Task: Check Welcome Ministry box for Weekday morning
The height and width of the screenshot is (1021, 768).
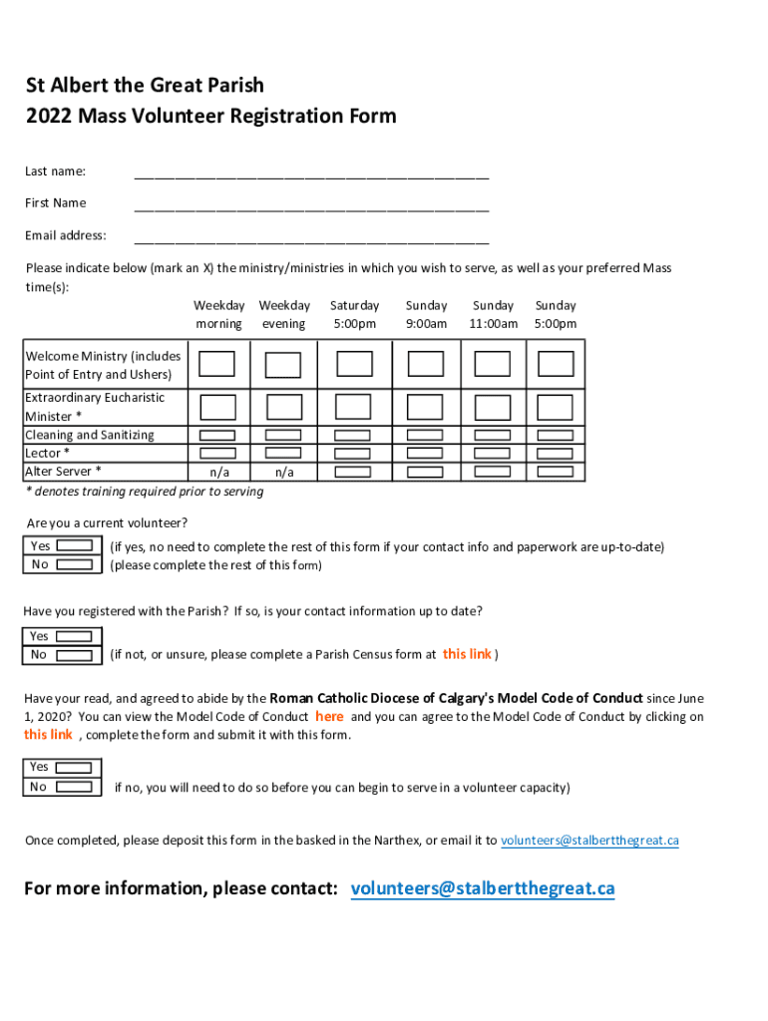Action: [x=217, y=364]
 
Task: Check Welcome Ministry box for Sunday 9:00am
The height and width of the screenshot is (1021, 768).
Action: [x=425, y=364]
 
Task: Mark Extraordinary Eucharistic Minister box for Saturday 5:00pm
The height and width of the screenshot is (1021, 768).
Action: [x=353, y=407]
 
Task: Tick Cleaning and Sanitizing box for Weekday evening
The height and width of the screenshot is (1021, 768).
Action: [x=284, y=436]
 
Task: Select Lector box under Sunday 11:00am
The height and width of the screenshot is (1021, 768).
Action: [x=493, y=454]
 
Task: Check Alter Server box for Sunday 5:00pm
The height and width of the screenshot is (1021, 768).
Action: [x=556, y=472]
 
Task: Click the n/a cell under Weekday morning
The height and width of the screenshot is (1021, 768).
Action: [x=218, y=472]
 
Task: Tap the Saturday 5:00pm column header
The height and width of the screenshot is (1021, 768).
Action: [x=354, y=314]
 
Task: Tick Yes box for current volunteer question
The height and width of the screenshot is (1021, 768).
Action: [x=75, y=546]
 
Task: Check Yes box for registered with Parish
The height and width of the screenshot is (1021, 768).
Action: [x=75, y=637]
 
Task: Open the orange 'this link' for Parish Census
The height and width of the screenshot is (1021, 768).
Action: [x=467, y=654]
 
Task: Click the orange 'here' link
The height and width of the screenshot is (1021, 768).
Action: [x=329, y=716]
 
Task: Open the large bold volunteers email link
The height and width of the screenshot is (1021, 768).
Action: [x=483, y=888]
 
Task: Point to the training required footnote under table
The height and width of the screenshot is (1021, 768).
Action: [x=145, y=492]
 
